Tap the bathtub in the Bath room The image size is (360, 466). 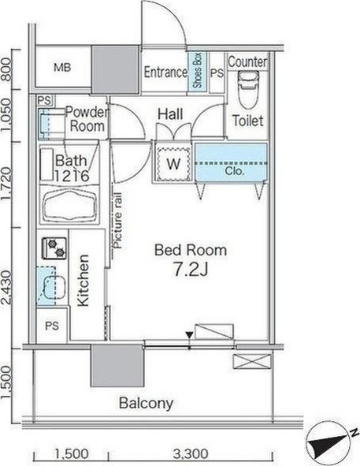pos(70,204)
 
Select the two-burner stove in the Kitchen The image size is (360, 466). pos(54,248)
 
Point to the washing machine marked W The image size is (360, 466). pos(173,163)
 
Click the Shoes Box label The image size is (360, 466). pos(197,71)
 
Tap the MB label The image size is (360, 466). pos(63,68)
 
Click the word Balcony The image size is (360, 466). pos(147,403)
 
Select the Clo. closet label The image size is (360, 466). pos(235,171)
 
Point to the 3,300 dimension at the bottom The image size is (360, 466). pos(191,453)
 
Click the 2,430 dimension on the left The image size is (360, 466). pos(7,288)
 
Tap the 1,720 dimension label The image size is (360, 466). pos(7,184)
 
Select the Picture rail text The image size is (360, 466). pos(117,220)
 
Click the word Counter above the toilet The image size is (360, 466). pos(247,62)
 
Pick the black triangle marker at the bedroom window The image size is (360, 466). pos(189,335)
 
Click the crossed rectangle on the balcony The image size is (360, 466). pos(252,361)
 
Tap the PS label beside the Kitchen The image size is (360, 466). pos(52,326)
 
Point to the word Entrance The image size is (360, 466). pos(165,73)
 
